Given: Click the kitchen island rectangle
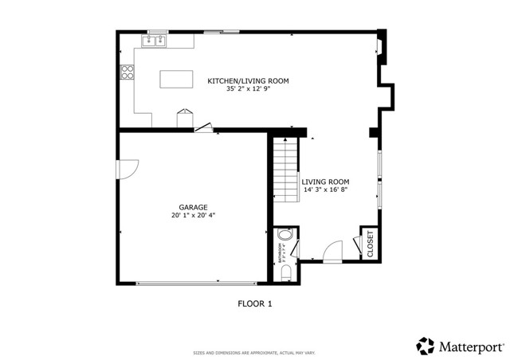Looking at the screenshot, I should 177,80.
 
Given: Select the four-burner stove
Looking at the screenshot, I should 126,72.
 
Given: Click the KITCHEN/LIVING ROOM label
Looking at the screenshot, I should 248,81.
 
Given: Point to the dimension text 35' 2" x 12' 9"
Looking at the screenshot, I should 248,89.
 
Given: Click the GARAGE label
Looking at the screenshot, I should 193,207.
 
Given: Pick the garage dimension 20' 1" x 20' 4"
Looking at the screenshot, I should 193,215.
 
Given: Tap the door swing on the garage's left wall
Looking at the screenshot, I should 127,169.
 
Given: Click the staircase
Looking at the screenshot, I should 285,169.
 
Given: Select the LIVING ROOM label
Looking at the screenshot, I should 325,182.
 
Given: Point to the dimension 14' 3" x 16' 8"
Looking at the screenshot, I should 325,190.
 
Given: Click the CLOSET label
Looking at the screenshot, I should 370,243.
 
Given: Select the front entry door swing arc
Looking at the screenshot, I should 334,249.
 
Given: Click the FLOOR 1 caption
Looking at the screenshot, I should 255,303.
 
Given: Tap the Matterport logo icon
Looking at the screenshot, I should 425,346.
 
